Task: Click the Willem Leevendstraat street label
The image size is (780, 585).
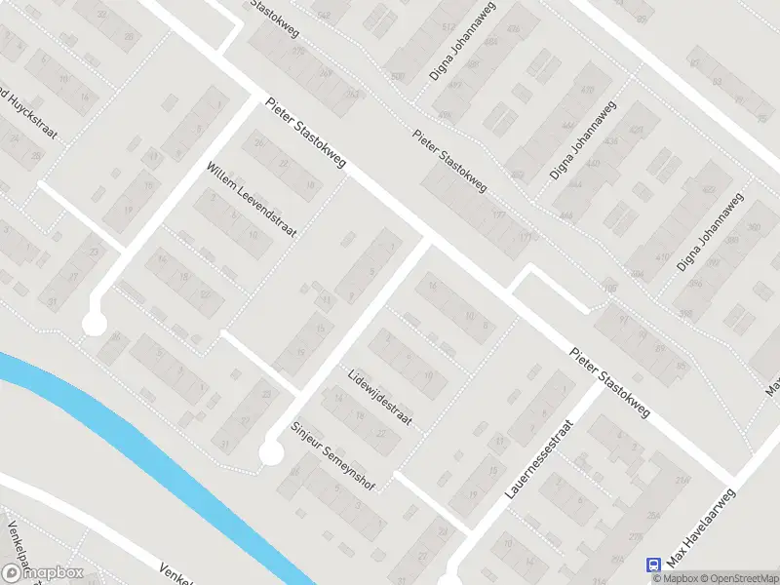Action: (251, 200)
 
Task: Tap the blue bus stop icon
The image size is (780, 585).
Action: (653, 564)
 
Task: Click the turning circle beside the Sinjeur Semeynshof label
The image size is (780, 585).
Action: (271, 453)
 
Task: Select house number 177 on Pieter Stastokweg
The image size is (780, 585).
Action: (500, 215)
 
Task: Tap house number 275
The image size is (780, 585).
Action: (635, 537)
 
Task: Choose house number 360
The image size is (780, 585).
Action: (754, 228)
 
